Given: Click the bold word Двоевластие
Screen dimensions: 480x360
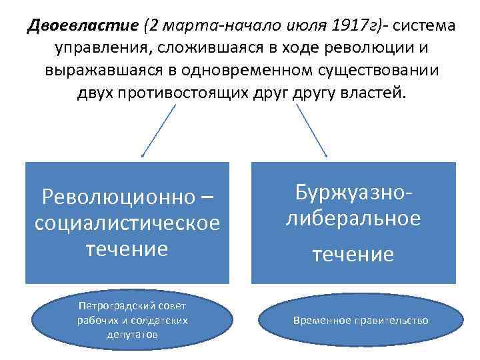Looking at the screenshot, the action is tap(83, 27).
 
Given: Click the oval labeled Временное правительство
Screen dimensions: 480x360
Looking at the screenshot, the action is tap(361, 321).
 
